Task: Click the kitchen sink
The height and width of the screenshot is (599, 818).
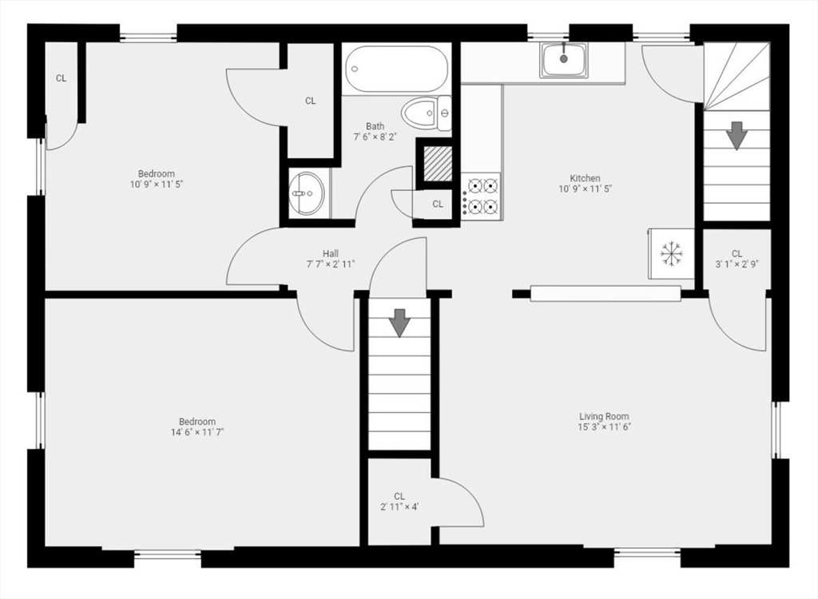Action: pos(563,60)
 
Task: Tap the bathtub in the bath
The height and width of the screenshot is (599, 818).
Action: pos(397,69)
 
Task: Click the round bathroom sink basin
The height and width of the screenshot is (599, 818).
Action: pos(306,192)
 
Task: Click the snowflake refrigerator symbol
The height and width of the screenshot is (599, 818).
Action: pos(672,254)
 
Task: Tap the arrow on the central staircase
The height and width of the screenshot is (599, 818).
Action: pos(399,322)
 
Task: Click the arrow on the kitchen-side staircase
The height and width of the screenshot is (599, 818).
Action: pos(737,134)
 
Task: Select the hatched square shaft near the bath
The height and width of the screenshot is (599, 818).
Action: pos(437,164)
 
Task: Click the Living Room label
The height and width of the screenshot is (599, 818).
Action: pos(604,416)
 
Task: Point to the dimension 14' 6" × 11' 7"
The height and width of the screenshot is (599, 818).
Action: pos(197,432)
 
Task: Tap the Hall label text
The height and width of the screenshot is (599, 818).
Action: pos(331,253)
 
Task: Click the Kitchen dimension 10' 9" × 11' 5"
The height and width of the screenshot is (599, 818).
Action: pos(585,189)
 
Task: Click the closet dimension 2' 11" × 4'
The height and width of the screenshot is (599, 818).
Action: pos(399,506)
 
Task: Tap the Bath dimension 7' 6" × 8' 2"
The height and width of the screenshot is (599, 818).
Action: pos(375,137)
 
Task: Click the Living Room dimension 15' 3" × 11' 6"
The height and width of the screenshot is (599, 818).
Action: pos(604,426)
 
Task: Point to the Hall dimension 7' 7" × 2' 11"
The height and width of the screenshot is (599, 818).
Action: pos(331,264)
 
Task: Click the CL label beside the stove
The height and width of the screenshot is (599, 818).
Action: pos(438,204)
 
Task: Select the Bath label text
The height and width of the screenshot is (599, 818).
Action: pos(375,126)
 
